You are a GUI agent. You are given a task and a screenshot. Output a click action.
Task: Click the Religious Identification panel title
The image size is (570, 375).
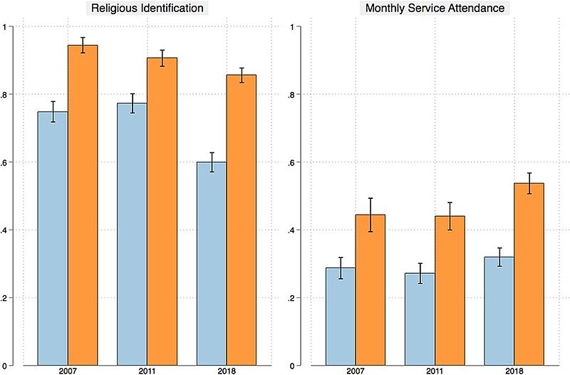click(x=146, y=9)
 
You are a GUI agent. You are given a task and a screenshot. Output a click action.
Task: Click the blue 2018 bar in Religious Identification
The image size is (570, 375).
click(x=211, y=264)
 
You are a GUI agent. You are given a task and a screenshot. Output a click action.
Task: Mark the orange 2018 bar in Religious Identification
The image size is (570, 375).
click(x=241, y=220)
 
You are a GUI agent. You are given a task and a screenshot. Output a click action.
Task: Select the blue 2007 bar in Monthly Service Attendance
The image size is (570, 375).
click(x=341, y=317)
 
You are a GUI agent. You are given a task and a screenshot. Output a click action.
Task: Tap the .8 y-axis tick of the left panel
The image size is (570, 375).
click(x=8, y=95)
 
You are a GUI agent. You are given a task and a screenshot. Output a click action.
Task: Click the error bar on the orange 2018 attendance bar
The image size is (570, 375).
click(x=529, y=183)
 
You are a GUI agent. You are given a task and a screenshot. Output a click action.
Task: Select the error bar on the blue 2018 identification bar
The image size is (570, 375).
click(x=211, y=162)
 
